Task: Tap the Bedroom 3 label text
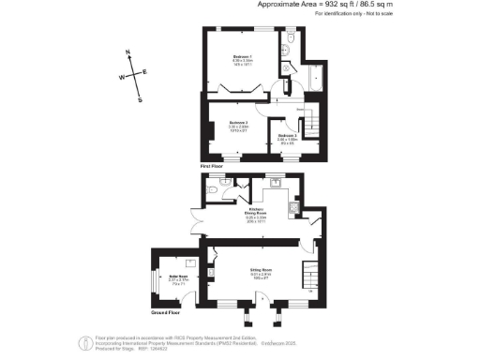click(x=288, y=136)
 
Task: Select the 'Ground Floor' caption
click(x=168, y=303)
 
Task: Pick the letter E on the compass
click(x=145, y=72)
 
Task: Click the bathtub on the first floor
click(x=313, y=79)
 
